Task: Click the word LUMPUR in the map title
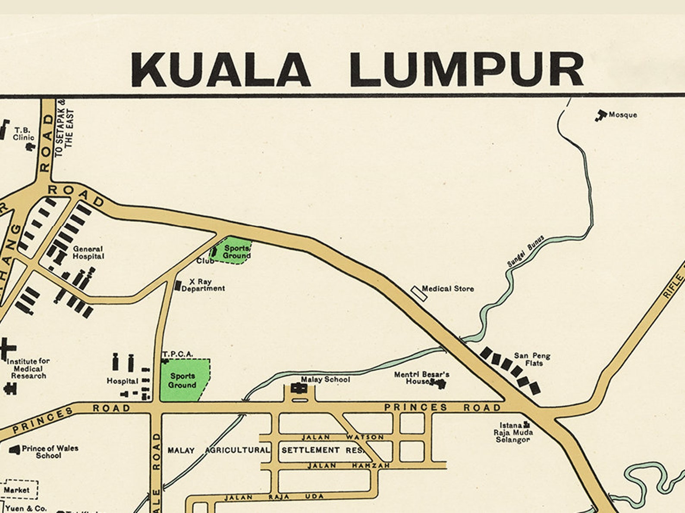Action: tap(467, 70)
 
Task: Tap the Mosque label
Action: tap(622, 115)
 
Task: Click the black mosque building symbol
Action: tap(600, 115)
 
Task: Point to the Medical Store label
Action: tap(448, 289)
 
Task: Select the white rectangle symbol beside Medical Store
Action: tap(419, 293)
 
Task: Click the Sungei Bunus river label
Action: tap(525, 251)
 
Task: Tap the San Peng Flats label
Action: tap(532, 360)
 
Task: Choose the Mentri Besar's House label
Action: tap(421, 378)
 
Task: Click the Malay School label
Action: tap(325, 379)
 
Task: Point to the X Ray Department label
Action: tap(202, 285)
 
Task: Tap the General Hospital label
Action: tap(88, 252)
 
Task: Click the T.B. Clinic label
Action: tap(23, 134)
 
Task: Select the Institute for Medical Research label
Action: tap(28, 368)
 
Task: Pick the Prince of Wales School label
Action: tap(50, 451)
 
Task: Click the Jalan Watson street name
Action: tap(342, 437)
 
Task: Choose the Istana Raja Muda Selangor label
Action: tap(513, 432)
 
